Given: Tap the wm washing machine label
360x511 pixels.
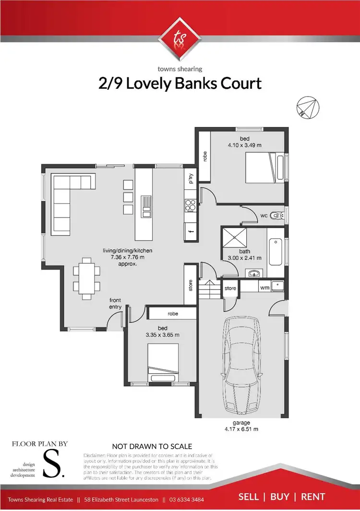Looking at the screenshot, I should click(264, 288).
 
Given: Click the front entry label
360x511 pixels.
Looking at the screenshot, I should click(115, 304).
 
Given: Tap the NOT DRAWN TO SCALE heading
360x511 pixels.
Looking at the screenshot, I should click(152, 446).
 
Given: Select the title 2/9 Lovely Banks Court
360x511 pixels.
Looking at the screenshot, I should click(180, 83).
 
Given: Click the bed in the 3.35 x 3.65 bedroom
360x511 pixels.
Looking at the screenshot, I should click(163, 364).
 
